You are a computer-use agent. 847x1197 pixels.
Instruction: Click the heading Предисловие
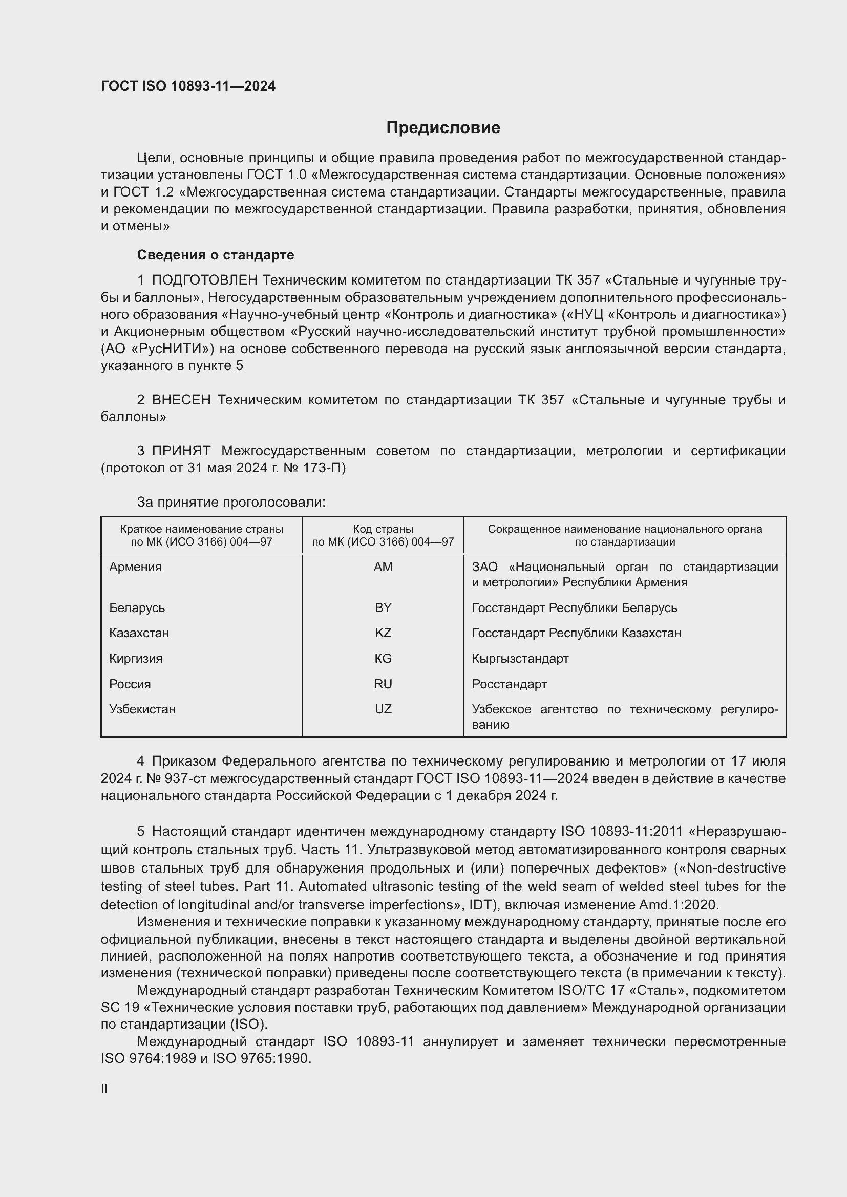443,128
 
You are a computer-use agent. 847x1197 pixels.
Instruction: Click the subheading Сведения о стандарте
216,255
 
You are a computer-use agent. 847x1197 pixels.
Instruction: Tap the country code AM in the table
383,567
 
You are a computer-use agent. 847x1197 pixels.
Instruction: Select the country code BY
383,607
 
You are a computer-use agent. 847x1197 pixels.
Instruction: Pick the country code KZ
383,633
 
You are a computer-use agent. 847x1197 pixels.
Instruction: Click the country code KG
383,659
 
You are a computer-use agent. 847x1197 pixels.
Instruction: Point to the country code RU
383,684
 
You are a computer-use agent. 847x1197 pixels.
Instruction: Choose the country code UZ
383,709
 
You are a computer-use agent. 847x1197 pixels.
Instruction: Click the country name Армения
135,567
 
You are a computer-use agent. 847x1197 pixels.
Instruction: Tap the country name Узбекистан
142,709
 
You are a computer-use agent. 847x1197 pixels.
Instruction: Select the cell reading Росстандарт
509,684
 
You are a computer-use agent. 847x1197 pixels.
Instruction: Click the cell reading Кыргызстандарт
520,659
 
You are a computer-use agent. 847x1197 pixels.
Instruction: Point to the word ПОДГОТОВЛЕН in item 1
204,280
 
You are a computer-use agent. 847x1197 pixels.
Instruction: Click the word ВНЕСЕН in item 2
181,400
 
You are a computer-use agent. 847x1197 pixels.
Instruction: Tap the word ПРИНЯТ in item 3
181,451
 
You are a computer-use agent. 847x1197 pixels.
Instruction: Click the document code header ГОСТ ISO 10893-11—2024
188,86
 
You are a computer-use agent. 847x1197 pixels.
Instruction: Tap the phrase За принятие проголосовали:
231,502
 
